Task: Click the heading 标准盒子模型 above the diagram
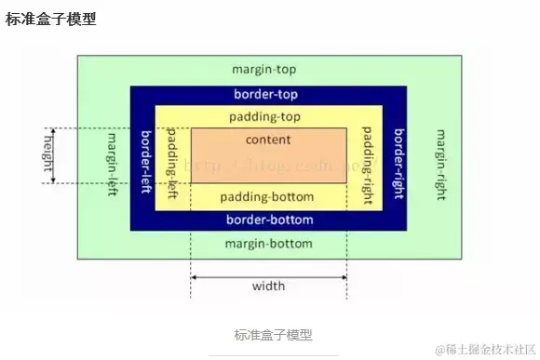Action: click(51, 18)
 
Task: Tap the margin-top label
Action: click(268, 70)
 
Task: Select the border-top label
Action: click(268, 95)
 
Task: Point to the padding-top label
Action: click(268, 117)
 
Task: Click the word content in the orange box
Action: click(268, 140)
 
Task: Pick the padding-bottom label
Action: click(268, 197)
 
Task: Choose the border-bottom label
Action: click(268, 220)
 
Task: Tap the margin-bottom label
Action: click(268, 243)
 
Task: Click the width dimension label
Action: click(268, 286)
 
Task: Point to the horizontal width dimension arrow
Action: click(268, 276)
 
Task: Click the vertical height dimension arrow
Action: click(53, 156)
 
